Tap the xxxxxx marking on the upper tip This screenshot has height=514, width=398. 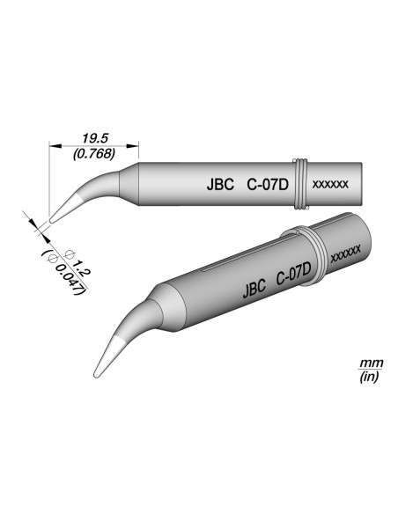(x=332, y=185)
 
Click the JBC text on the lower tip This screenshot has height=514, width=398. (x=253, y=288)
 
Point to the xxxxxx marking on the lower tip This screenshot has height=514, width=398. (x=344, y=256)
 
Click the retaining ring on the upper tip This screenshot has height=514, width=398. (x=302, y=185)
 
